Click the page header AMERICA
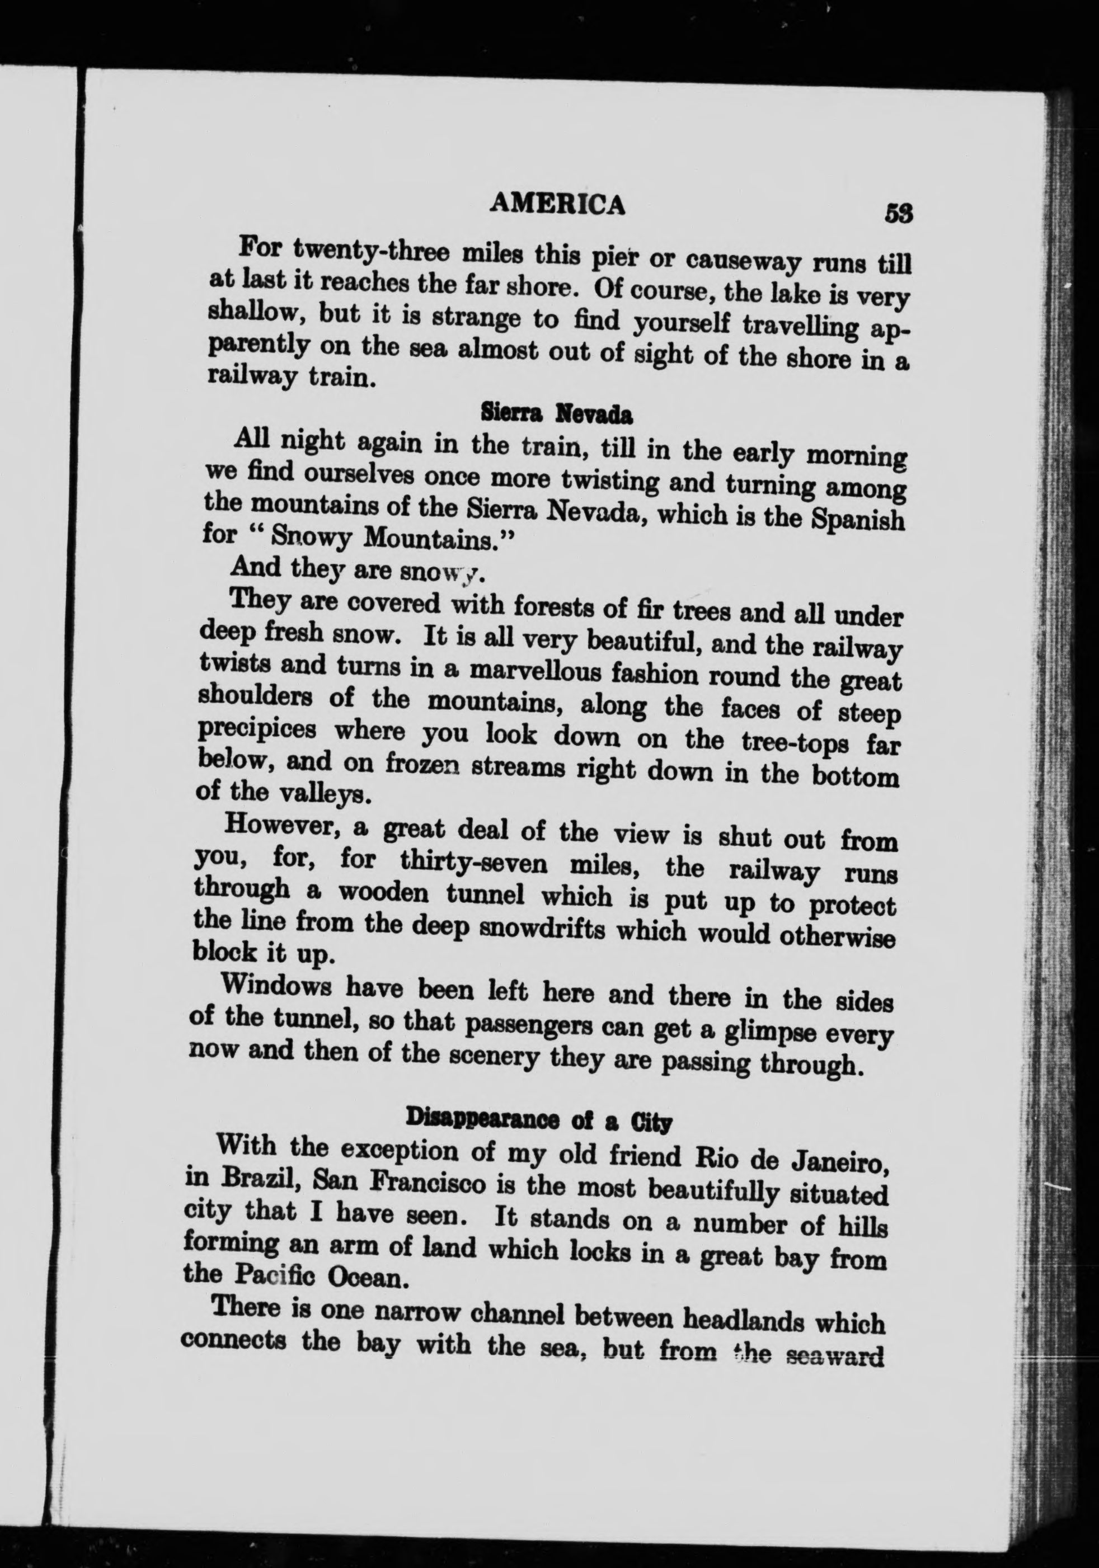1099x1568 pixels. point(558,204)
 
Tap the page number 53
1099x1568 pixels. point(898,214)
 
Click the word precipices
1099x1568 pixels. point(258,729)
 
